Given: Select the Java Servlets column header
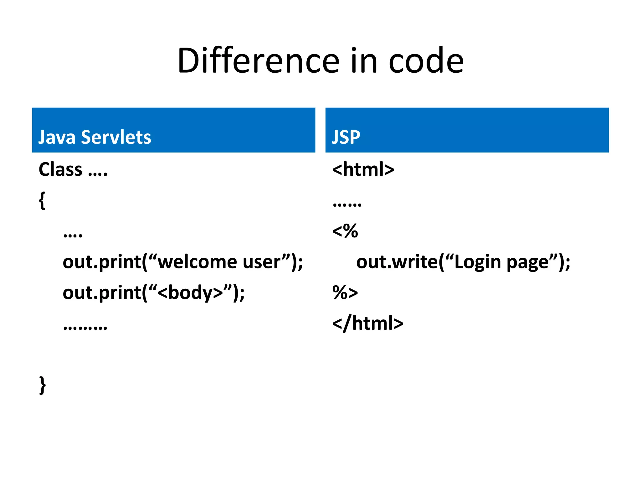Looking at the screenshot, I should pyautogui.click(x=95, y=137).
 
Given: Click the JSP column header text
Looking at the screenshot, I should pyautogui.click(x=346, y=137).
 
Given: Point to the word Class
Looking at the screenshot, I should pyautogui.click(x=60, y=169).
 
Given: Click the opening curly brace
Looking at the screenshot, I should pyautogui.click(x=42, y=200).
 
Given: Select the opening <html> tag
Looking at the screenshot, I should pyautogui.click(x=363, y=169).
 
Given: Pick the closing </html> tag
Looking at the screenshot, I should pyautogui.click(x=368, y=323).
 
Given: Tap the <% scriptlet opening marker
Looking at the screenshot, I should pyautogui.click(x=345, y=231).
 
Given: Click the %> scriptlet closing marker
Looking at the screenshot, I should pyautogui.click(x=345, y=292).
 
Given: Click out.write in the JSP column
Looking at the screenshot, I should pyautogui.click(x=397, y=262).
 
